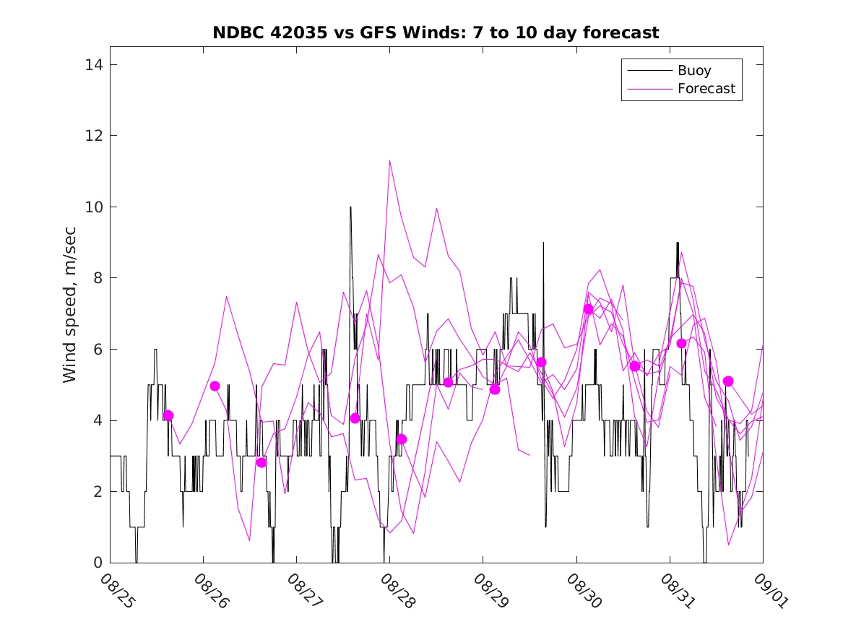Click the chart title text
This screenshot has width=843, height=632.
436,33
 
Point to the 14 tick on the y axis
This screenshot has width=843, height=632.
94,65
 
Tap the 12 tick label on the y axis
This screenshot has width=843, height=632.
94,137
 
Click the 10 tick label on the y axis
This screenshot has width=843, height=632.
94,207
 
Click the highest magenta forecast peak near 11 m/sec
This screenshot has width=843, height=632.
390,161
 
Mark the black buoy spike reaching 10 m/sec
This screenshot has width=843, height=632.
350,208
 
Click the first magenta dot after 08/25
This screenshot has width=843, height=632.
168,415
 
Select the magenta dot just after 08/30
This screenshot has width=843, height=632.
588,309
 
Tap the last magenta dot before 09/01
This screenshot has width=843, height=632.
728,381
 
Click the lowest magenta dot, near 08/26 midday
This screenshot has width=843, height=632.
261,462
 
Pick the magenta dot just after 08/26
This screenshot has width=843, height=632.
215,386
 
